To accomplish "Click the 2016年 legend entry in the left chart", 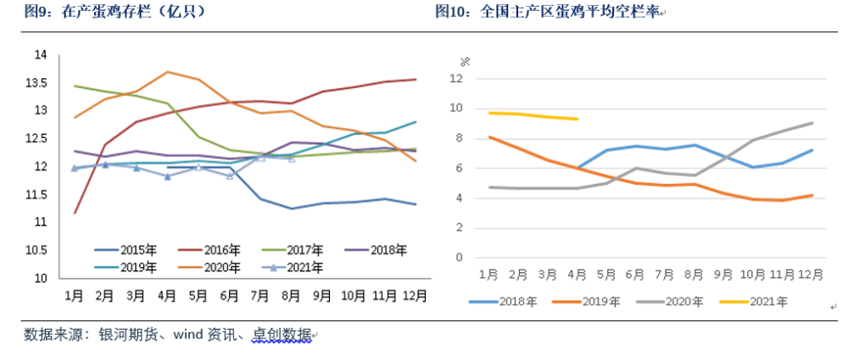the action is pos(209,250).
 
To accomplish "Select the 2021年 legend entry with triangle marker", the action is pos(292,267).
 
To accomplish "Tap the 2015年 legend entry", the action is pos(126,250).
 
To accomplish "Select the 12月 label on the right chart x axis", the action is pos(812,275).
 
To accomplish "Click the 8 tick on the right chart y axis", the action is pos(460,139).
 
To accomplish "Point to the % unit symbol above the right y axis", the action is pos(465,62).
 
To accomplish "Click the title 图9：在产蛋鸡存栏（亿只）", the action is pos(115,13).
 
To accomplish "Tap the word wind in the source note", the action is pos(186,335).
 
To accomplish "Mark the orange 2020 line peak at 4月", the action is pos(167,71).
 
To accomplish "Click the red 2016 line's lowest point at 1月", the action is pos(74,213).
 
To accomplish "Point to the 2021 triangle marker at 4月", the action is pos(167,176).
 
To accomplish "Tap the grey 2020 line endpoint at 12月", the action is pos(812,123).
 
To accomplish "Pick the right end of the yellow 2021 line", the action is pos(578,119).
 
